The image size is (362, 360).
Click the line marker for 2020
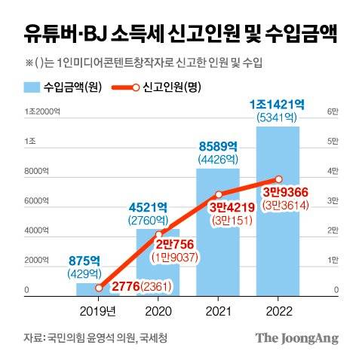pyautogui.click(x=158, y=235)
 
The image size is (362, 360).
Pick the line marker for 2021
pyautogui.click(x=219, y=194)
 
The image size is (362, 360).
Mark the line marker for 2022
pyautogui.click(x=279, y=178)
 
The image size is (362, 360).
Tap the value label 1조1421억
pyautogui.click(x=278, y=104)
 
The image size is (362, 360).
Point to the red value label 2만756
pyautogui.click(x=176, y=245)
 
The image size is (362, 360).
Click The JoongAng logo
pyautogui.click(x=295, y=337)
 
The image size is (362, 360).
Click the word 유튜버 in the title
pyautogui.click(x=51, y=34)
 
